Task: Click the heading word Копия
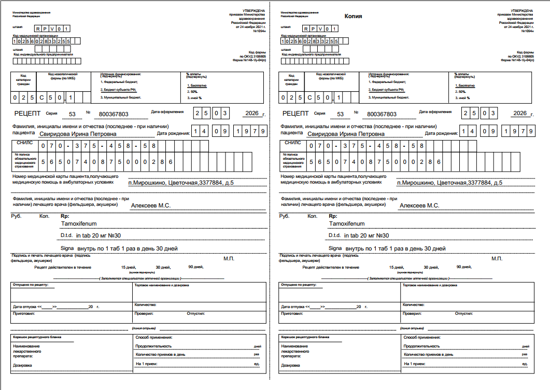[354, 16]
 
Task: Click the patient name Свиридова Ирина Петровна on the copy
[345, 133]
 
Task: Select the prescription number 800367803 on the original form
[114, 114]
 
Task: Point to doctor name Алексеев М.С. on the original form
[151, 206]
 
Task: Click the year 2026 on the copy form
[519, 114]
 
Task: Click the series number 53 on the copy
[341, 114]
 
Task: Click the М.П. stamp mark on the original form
[229, 258]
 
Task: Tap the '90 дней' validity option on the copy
[463, 267]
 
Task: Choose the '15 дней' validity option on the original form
[127, 267]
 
